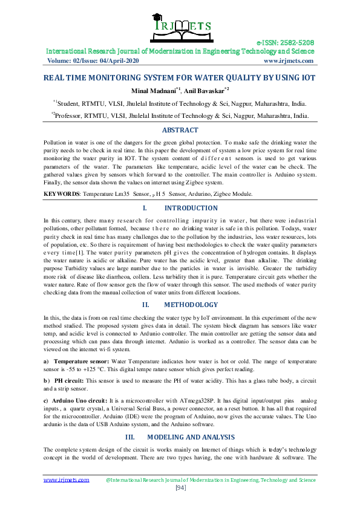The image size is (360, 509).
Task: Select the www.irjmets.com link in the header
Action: click(x=288, y=60)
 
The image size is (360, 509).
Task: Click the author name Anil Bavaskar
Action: click(x=204, y=90)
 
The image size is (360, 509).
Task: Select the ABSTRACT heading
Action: click(x=180, y=130)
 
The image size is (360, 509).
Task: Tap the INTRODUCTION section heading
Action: click(x=191, y=208)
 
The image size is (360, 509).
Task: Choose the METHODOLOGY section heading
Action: click(x=191, y=305)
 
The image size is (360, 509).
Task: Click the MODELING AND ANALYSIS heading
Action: click(x=191, y=436)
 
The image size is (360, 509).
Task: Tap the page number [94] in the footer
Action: click(x=180, y=488)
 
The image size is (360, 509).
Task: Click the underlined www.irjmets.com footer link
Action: click(x=67, y=480)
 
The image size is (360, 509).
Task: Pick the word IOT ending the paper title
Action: click(x=309, y=77)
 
